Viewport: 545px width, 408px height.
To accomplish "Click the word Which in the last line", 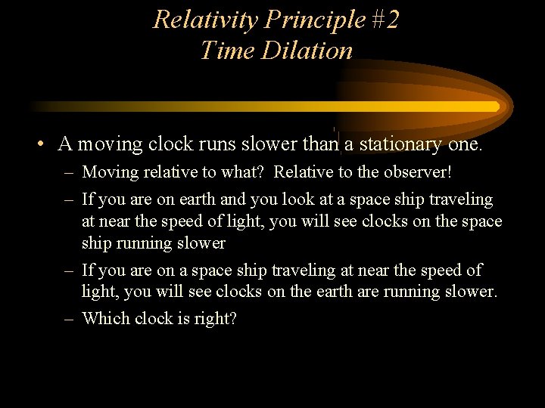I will pos(105,319).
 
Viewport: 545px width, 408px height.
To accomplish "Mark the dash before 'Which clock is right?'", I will pos(69,319).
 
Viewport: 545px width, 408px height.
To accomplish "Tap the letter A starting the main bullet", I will pos(65,144).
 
